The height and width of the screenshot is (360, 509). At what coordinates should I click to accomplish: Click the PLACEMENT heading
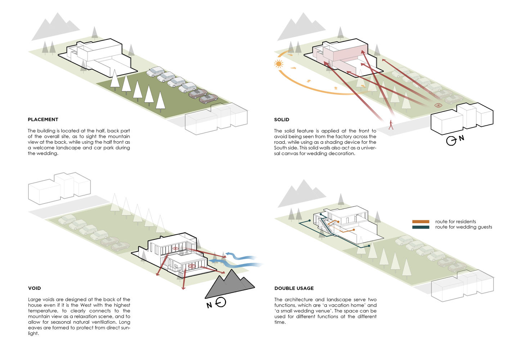pos(43,120)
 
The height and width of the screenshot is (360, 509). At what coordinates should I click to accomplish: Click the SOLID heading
pos(281,120)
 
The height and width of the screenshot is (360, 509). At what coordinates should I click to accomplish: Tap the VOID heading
pos(35,288)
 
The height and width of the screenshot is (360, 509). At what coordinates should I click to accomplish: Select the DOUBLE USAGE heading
pos(294,288)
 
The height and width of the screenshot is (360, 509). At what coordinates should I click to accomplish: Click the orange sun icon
pos(278,64)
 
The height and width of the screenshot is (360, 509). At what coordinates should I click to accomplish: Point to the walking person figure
pos(391,125)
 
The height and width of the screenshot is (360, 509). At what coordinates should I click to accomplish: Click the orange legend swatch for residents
pos(420,222)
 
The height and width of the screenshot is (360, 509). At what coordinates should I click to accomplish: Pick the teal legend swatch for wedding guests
pos(420,227)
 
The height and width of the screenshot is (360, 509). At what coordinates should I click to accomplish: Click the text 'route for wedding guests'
pos(463,227)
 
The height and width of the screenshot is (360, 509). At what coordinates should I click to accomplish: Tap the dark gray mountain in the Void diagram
pos(230,284)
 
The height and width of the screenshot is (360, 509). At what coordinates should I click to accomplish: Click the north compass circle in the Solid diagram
pos(451,141)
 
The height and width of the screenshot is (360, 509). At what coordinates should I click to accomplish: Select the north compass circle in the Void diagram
pos(221,302)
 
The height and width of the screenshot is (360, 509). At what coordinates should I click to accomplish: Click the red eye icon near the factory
pos(438,105)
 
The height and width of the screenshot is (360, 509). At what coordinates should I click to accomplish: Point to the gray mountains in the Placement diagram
pos(54,27)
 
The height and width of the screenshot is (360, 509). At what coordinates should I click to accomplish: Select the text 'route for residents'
pos(455,222)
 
